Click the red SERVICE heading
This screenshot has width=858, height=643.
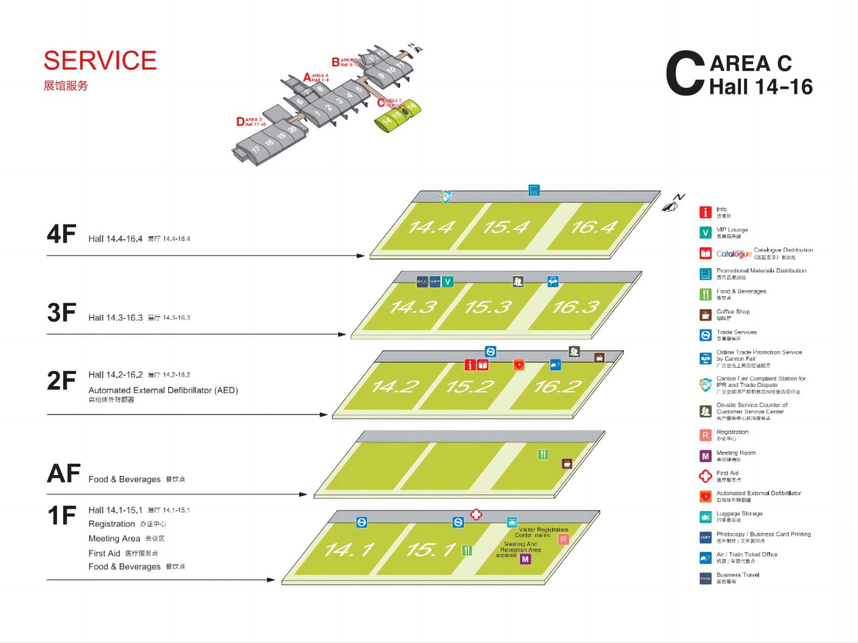point(100,61)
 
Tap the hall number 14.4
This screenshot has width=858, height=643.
point(431,227)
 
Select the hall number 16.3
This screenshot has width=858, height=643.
point(575,306)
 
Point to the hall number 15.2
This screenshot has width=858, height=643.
point(470,387)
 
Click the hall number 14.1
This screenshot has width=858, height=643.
point(349,550)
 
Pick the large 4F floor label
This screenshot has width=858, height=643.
point(61,234)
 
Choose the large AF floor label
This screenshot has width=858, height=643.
point(64,474)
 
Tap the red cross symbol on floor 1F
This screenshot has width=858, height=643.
point(476,514)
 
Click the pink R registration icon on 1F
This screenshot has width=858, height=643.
point(563,539)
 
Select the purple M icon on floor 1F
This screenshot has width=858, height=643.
point(525,559)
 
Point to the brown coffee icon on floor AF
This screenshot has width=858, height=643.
point(567,463)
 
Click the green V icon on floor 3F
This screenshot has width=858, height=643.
point(448,282)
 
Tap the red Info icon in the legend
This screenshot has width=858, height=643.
point(705,212)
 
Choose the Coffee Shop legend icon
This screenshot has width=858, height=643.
point(705,314)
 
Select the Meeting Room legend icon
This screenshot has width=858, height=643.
point(705,455)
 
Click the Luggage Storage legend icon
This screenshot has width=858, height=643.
point(705,517)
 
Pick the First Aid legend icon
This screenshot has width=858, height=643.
point(705,476)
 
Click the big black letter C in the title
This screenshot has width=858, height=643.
point(685,74)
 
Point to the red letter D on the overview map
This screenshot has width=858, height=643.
point(240,122)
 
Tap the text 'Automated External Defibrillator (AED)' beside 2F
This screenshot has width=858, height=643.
point(163,390)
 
